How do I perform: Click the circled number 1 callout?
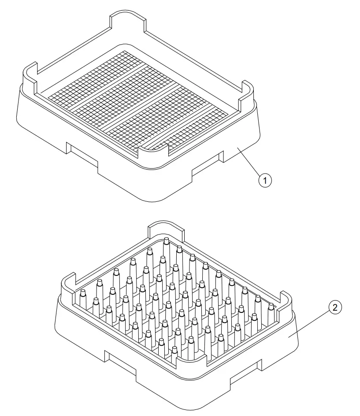click(x=265, y=180)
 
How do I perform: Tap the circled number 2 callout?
click(x=334, y=308)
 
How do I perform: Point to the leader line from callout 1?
click(x=249, y=163)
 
